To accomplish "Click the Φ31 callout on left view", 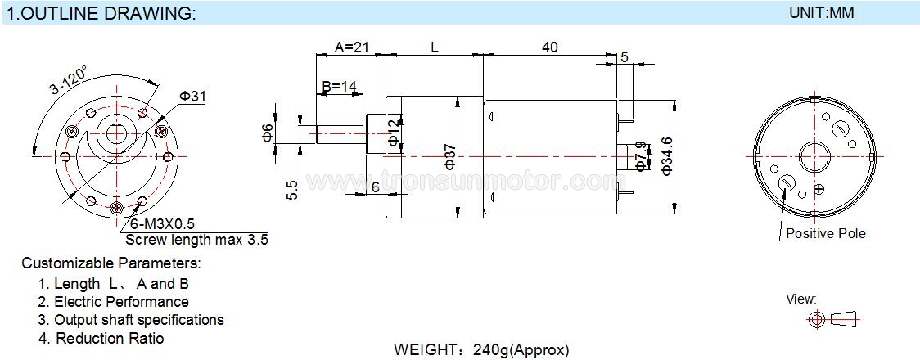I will point(192,97).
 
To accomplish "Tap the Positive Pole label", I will point(825,234).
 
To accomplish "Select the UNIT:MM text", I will point(822,13).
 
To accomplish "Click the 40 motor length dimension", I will point(549,47).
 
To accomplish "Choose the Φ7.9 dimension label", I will point(640,155).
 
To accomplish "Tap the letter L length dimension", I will point(435,47).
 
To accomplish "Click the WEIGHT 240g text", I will point(480,349).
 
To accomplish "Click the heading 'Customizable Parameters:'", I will point(110,263).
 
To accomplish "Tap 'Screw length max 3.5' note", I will point(196,240).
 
